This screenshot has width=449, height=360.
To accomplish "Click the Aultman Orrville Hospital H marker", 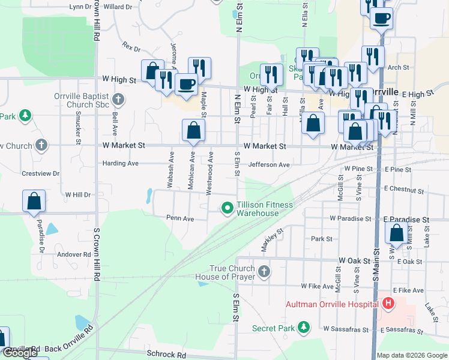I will pyautogui.click(x=388, y=304).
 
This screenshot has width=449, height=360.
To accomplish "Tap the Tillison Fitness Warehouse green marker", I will pyautogui.click(x=228, y=209).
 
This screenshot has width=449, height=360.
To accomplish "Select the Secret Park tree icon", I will pyautogui.click(x=304, y=328).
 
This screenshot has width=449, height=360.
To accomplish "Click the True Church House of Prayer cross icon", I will pyautogui.click(x=264, y=273).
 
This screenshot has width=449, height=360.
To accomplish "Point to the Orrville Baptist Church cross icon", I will pyautogui.click(x=118, y=99).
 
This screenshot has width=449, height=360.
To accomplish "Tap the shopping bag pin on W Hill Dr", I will pyautogui.click(x=34, y=202).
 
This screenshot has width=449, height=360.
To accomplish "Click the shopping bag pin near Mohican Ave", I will pyautogui.click(x=193, y=131).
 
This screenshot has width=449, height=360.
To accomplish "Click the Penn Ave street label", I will pyautogui.click(x=180, y=219).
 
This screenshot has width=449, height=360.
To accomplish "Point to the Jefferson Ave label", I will pyautogui.click(x=270, y=164).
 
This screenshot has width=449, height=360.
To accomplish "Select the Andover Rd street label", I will pyautogui.click(x=74, y=254).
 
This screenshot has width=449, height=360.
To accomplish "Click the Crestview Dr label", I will pyautogui.click(x=40, y=173).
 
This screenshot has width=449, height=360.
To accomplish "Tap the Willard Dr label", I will pyautogui.click(x=118, y=7).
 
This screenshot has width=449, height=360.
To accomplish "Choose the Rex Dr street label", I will pyautogui.click(x=130, y=46).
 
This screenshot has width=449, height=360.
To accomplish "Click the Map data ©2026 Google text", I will pyautogui.click(x=412, y=355).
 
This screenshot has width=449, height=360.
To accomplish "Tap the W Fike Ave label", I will pyautogui.click(x=317, y=286).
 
